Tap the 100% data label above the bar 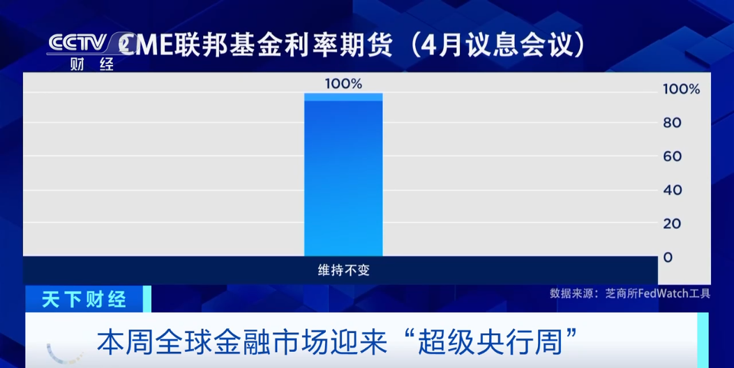click(x=343, y=84)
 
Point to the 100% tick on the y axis click(x=680, y=89)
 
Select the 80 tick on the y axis click(x=672, y=123)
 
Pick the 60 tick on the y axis click(x=672, y=156)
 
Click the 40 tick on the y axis click(x=672, y=190)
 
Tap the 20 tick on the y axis click(x=672, y=223)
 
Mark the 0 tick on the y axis click(x=668, y=257)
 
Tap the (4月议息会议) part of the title click(x=496, y=45)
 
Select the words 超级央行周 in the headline click(x=498, y=341)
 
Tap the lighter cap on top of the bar click(x=343, y=97)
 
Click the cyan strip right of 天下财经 click(x=147, y=299)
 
